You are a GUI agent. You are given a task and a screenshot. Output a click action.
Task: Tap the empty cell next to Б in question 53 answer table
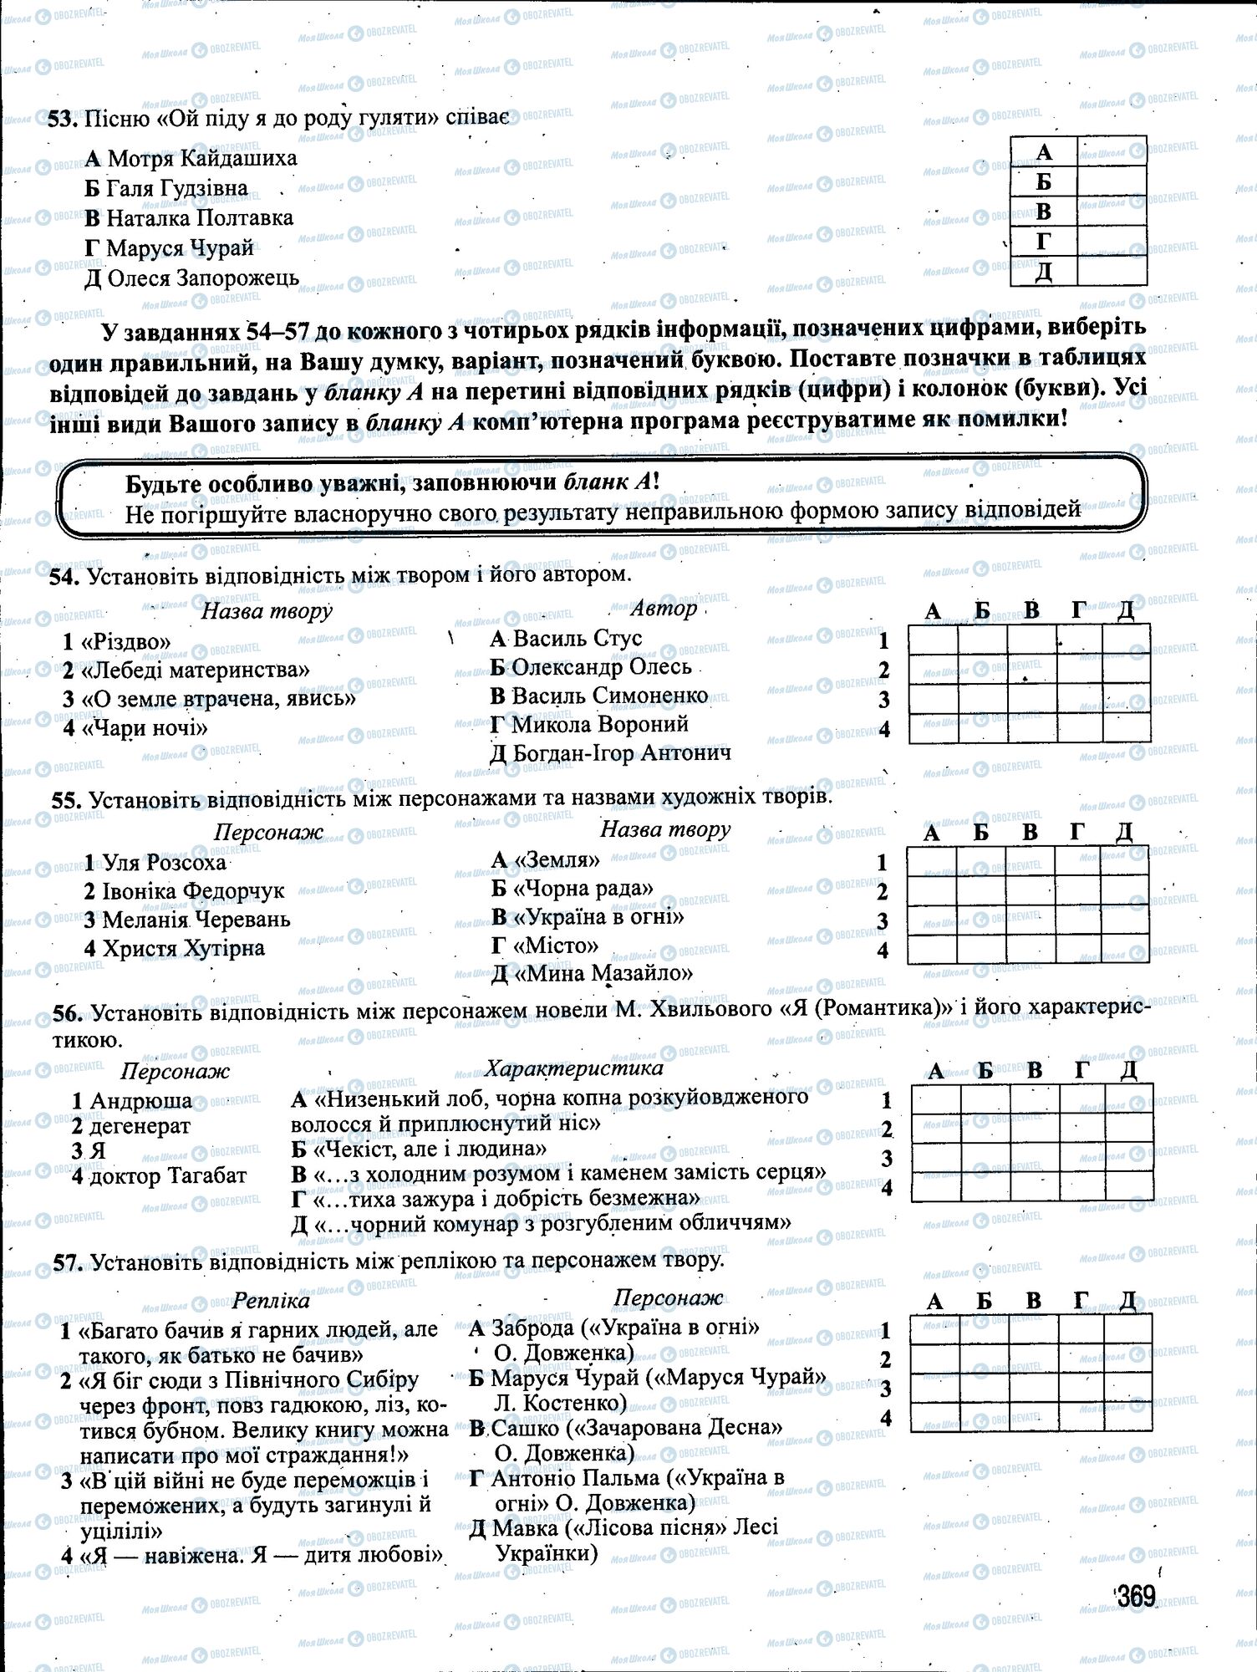tap(1112, 181)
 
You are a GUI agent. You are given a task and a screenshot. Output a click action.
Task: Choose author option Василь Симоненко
tap(599, 696)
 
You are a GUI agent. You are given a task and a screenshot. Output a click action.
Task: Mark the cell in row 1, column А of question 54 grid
tap(933, 640)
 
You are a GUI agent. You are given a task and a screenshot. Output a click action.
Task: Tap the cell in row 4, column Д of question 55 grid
tap(1125, 949)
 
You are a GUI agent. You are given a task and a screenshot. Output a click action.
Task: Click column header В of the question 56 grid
tap(1035, 1070)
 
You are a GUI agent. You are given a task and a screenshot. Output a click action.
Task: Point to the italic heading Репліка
tap(272, 1301)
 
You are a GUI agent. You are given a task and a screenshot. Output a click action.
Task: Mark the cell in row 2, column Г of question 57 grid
tap(1080, 1359)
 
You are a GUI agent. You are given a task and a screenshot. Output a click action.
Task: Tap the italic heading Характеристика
tap(574, 1068)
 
